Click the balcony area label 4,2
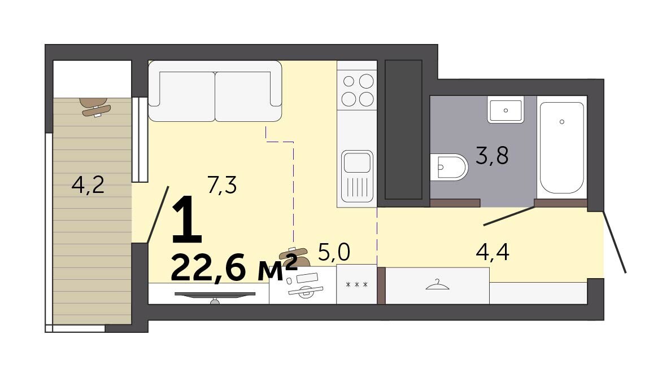88,185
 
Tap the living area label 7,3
223,185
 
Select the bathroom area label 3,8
492,156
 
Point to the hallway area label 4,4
493,252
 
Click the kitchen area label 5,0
334,252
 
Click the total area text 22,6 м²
234,267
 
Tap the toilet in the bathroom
448,167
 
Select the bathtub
561,148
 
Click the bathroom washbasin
506,109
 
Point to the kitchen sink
357,176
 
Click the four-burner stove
357,90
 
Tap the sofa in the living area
215,91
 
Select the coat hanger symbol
438,284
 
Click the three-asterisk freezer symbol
357,284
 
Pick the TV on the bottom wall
215,297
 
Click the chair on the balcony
97,107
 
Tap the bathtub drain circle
561,121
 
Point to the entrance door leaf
614,242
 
